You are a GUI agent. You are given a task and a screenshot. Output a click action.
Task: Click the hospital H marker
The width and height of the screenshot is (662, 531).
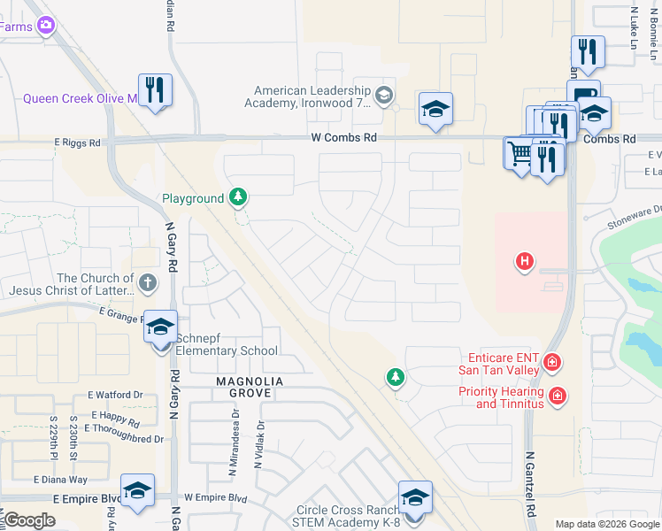[526, 261]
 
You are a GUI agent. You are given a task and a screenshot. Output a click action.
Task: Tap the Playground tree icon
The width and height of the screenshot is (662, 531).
[237, 196]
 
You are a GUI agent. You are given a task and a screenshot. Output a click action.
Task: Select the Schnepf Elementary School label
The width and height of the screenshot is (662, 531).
[227, 344]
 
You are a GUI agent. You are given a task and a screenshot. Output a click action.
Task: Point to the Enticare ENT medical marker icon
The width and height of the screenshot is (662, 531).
[552, 362]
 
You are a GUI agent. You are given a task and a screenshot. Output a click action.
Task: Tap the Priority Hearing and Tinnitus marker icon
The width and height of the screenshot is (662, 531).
[557, 396]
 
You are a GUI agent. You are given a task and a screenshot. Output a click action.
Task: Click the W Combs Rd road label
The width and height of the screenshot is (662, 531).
[343, 138]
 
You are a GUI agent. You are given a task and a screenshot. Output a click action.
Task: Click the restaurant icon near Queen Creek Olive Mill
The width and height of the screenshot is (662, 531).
[155, 90]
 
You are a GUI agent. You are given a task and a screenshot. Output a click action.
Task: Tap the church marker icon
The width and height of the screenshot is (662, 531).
[148, 283]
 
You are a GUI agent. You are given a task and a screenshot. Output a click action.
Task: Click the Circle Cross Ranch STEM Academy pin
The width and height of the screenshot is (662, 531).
[414, 498]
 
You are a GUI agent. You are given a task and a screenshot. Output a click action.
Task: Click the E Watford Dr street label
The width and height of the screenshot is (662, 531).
[115, 395]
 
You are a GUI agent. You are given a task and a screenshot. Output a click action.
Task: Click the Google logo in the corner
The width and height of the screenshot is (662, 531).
[29, 520]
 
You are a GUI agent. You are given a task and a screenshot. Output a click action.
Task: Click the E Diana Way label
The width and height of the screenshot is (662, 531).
[60, 480]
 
